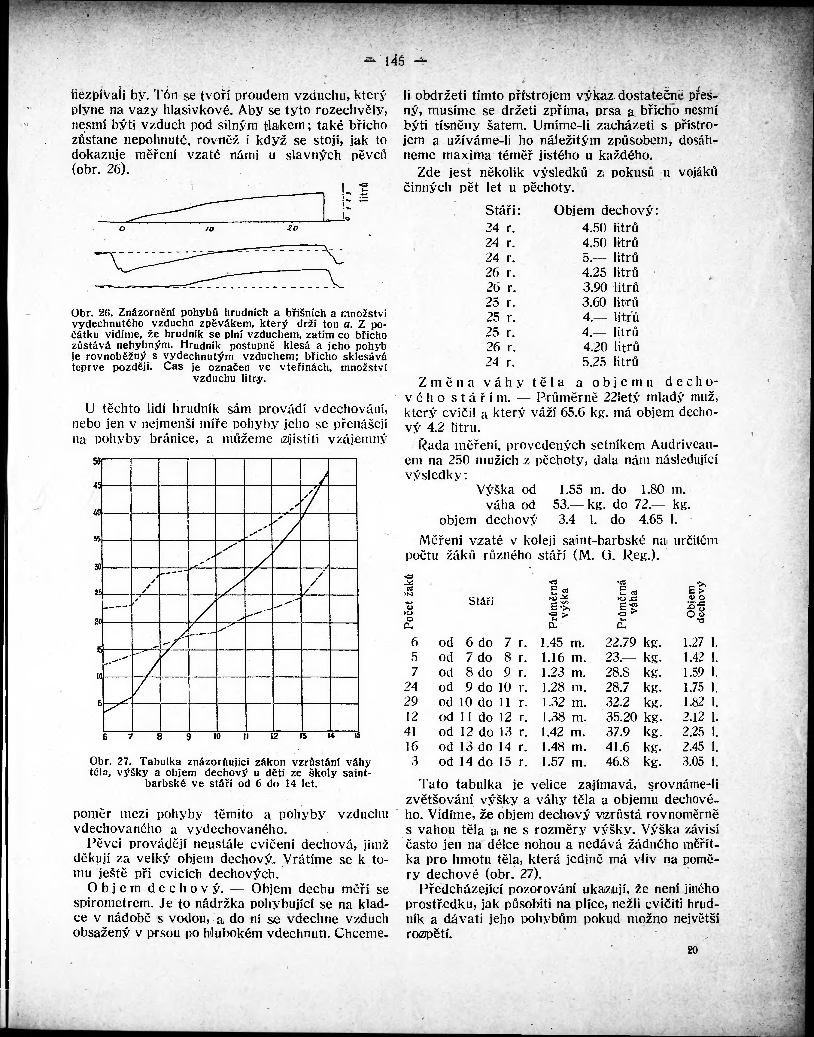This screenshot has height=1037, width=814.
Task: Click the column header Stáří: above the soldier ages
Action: point(503,210)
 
